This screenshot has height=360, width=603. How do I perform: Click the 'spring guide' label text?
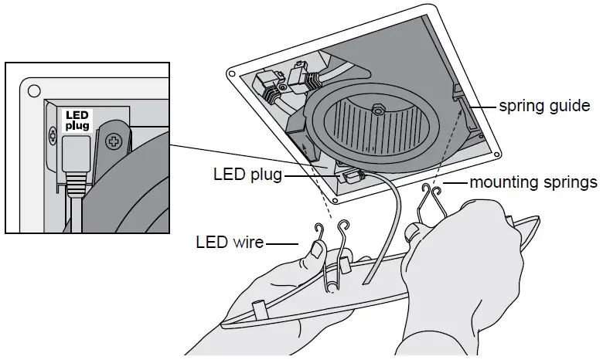click(x=544, y=106)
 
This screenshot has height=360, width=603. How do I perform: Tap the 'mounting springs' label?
click(x=533, y=183)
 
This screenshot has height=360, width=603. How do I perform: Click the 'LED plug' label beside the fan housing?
click(x=247, y=175)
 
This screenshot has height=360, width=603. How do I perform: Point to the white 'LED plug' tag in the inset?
click(x=77, y=121)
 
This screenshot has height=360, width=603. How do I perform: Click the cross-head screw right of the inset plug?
click(x=114, y=141)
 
